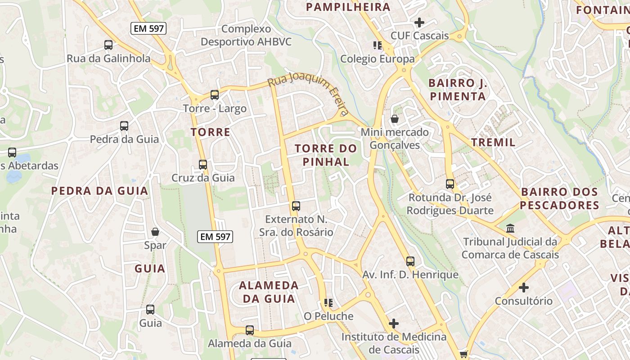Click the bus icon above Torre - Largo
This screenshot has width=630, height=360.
215,95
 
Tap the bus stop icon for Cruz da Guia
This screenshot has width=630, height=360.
203,165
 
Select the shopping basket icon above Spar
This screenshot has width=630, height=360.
155,232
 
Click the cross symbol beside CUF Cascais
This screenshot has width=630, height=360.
419,22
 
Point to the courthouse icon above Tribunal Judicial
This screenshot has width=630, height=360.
510,229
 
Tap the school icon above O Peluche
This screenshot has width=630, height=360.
328,303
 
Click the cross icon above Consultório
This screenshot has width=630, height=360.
524,288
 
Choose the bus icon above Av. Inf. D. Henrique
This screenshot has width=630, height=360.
410,261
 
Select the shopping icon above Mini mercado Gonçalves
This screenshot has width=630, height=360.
395,119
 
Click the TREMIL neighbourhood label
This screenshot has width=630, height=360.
493,143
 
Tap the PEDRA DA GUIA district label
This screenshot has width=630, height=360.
99,191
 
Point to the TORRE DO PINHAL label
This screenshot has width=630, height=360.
326,155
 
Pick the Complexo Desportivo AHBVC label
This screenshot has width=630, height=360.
246,36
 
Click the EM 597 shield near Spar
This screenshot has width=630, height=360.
215,236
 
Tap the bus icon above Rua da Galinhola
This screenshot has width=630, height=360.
108,45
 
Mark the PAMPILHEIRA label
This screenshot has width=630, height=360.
348,7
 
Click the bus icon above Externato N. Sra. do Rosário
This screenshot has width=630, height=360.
296,206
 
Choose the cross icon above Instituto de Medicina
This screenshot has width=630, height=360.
394,324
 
